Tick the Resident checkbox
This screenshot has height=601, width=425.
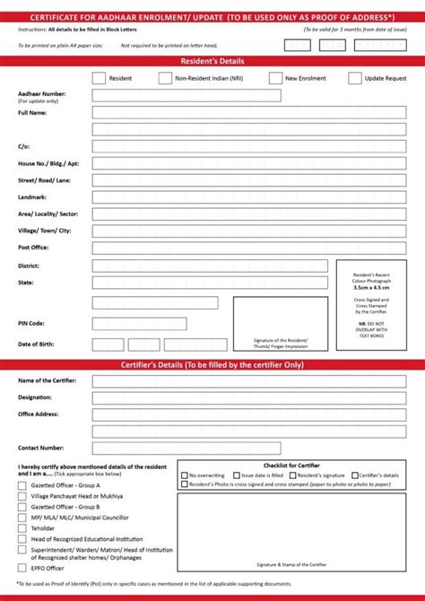click(99, 79)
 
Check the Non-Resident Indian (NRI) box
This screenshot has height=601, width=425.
click(165, 79)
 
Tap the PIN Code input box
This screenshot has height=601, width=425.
click(139, 324)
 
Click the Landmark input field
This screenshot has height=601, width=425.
click(248, 197)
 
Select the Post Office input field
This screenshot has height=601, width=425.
click(248, 248)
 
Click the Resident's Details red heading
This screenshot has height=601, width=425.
click(212, 61)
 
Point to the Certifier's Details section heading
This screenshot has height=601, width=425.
click(212, 365)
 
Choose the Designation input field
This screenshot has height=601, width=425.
click(248, 397)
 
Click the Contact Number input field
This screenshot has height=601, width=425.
click(186, 448)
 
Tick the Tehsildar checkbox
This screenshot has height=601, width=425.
click(22, 528)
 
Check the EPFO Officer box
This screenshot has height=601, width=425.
click(22, 568)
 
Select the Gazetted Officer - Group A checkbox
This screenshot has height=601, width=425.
click(22, 485)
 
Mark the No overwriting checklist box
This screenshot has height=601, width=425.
click(185, 475)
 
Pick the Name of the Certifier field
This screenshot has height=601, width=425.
click(248, 381)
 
